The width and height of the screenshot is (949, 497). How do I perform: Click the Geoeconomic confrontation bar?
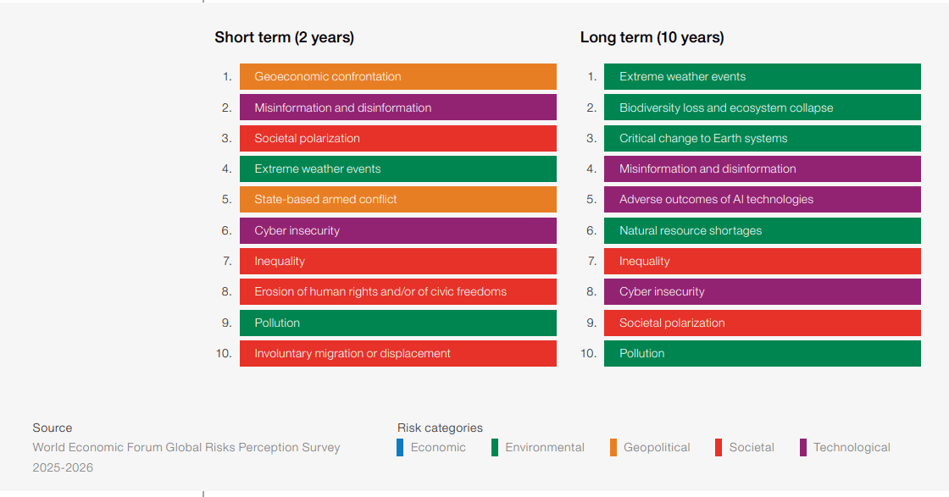(x=397, y=76)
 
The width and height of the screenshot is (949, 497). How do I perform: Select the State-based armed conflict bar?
(x=397, y=200)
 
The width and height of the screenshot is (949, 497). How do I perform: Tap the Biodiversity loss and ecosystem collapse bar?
(x=762, y=108)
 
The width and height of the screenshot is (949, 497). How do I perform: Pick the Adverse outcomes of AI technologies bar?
(x=762, y=200)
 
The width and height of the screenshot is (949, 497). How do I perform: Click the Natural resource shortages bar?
(x=762, y=230)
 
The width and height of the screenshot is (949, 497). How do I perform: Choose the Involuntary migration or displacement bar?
(x=397, y=353)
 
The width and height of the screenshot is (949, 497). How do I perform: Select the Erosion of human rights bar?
(x=397, y=292)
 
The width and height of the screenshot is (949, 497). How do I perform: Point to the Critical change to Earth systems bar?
(x=762, y=138)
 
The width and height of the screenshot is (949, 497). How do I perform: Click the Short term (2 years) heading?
(x=284, y=37)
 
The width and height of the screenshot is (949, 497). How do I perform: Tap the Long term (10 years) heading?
(x=652, y=37)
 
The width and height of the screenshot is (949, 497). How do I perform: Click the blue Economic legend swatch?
(x=400, y=448)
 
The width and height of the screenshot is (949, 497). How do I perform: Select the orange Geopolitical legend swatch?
(x=613, y=448)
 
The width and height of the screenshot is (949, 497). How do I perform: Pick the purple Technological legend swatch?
(x=802, y=448)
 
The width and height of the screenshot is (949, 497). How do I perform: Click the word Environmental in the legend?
(x=545, y=448)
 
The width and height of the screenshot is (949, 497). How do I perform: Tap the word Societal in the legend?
(x=752, y=448)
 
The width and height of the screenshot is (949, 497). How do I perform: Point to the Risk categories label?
(x=440, y=428)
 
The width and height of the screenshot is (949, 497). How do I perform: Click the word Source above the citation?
(x=53, y=428)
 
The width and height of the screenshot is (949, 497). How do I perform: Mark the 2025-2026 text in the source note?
(x=63, y=467)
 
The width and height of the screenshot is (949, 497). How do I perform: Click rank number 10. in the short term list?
(x=224, y=353)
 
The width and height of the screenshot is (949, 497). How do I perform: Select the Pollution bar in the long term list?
(x=762, y=353)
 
